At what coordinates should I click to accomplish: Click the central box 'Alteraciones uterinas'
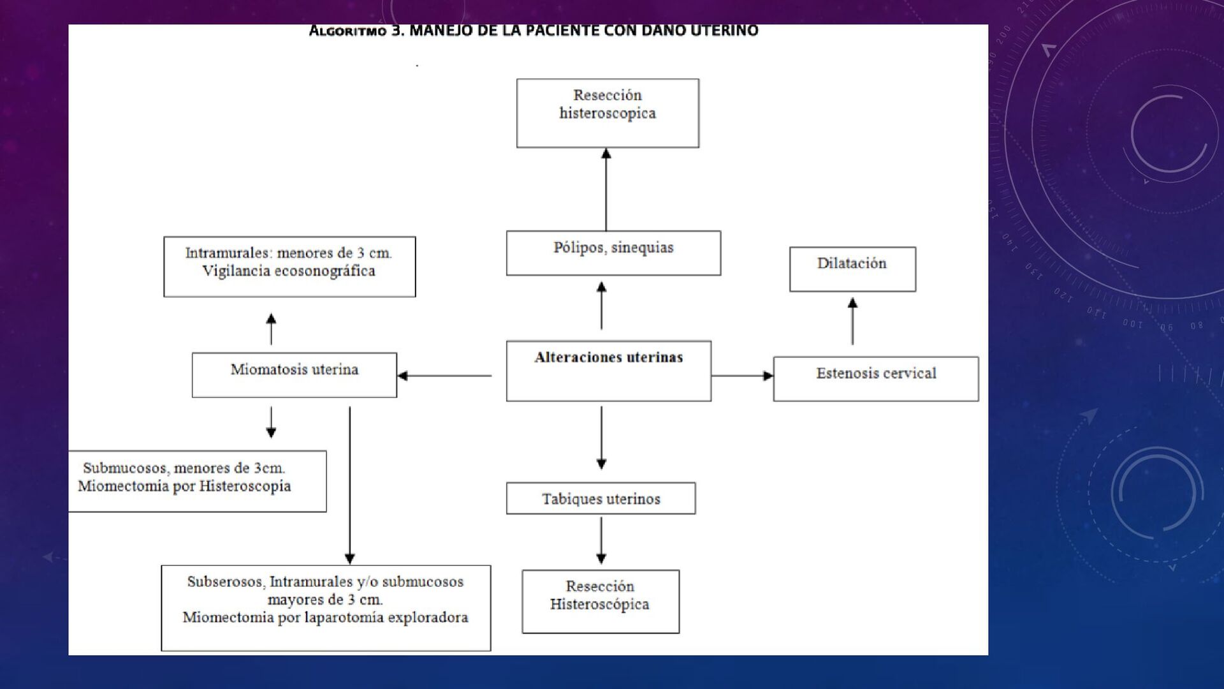[609, 371]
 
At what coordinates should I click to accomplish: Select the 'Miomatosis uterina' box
[295, 375]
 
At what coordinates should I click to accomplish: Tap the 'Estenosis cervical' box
[876, 379]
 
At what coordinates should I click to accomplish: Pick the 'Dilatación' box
[853, 269]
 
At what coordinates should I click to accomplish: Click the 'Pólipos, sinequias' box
[613, 253]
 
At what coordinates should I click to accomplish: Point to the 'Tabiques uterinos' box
[601, 498]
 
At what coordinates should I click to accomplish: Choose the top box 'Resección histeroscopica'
[608, 114]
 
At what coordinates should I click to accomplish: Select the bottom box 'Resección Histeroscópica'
[601, 602]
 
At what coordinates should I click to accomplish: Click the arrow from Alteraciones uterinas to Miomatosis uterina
[444, 376]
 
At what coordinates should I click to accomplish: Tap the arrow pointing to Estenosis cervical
[742, 376]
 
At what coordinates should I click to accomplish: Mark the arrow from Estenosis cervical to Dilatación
[852, 322]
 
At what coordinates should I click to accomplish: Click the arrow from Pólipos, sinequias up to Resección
[606, 189]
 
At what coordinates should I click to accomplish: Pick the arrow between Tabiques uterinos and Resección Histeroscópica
[601, 540]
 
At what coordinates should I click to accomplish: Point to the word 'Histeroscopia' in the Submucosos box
[245, 486]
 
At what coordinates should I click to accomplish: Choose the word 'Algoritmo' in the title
[347, 31]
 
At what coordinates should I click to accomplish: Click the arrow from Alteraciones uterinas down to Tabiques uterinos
[601, 438]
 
